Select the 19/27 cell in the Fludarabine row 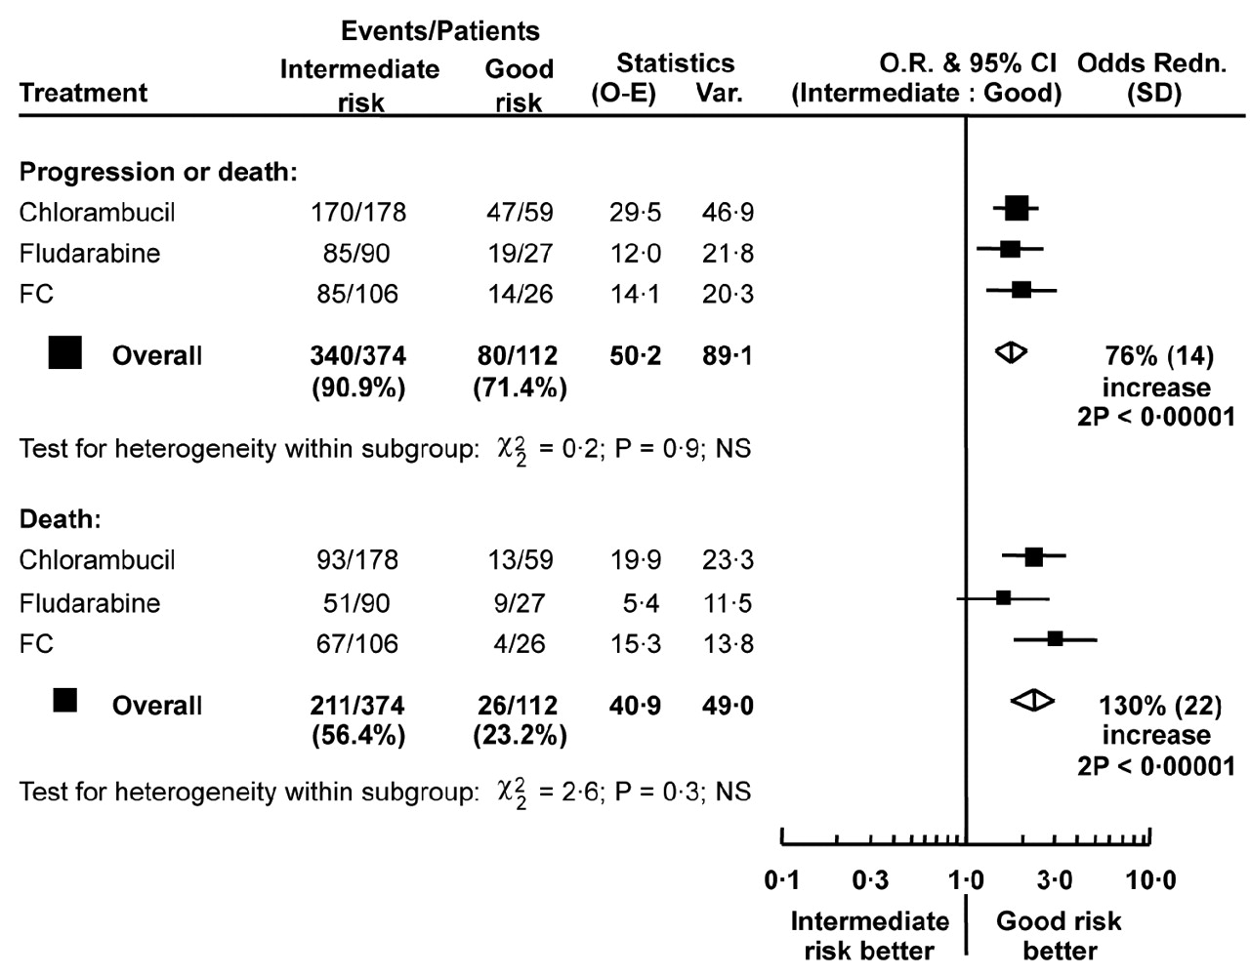[x=520, y=253]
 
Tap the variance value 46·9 [x=728, y=212]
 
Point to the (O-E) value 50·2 [x=635, y=355]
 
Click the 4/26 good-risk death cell [x=520, y=643]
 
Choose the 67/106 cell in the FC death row [x=357, y=643]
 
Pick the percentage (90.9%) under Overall [x=358, y=387]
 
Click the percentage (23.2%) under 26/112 [x=520, y=735]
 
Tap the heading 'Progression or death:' [x=158, y=172]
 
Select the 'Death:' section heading [x=61, y=518]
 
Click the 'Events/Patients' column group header [x=439, y=31]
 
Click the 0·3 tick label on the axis [x=870, y=881]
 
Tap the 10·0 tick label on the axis [x=1150, y=881]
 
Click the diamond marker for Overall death [x=1032, y=700]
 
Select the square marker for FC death [x=1055, y=639]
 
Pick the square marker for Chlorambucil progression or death [x=1017, y=207]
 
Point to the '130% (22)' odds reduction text [x=1160, y=705]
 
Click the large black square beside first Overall [x=65, y=352]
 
